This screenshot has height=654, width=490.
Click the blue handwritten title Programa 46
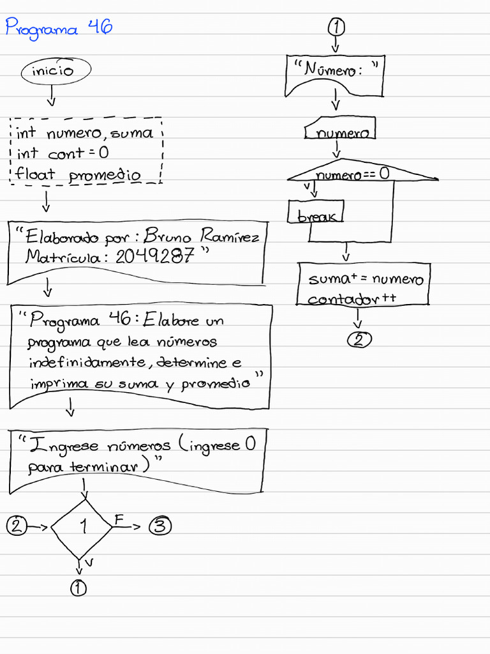[x=59, y=29]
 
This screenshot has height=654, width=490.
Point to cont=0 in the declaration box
[x=78, y=153]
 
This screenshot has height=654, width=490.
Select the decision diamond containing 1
[x=82, y=527]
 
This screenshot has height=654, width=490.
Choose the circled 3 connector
[x=160, y=526]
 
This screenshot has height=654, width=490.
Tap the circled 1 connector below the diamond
[x=79, y=588]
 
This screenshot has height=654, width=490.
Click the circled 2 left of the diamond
[x=17, y=526]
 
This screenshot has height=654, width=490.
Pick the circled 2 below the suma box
[x=359, y=339]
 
